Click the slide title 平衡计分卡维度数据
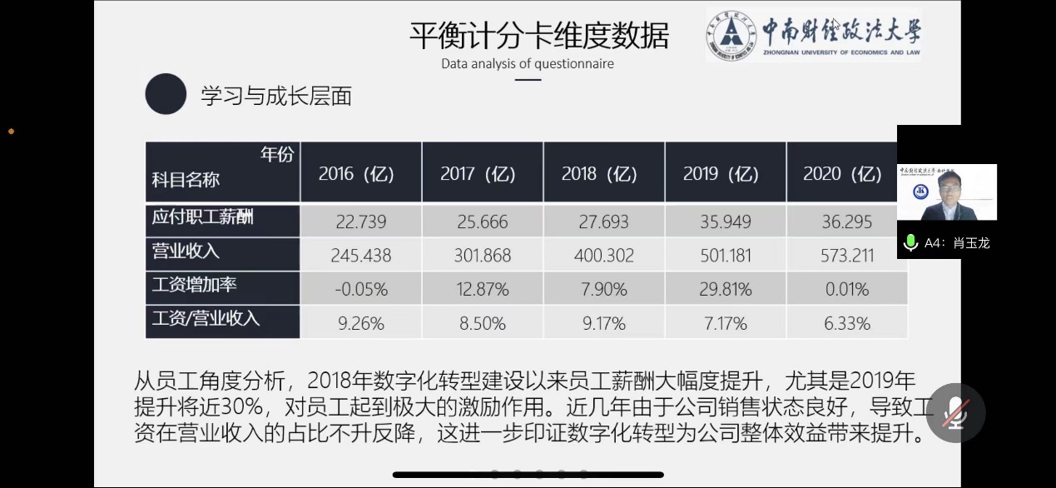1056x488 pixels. click(538, 36)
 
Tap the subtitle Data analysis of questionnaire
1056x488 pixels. click(528, 63)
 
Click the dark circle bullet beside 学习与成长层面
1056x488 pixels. click(166, 94)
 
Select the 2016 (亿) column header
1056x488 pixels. click(356, 174)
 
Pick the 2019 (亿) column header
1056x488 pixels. click(721, 174)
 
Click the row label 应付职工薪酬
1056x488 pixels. click(202, 218)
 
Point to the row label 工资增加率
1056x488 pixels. click(194, 285)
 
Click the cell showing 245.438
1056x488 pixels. click(361, 256)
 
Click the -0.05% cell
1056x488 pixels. click(361, 290)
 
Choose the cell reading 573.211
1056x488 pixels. click(847, 256)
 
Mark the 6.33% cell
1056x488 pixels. click(847, 323)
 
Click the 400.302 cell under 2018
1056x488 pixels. click(604, 256)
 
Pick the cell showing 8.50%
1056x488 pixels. click(483, 323)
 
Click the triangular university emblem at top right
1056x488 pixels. click(731, 36)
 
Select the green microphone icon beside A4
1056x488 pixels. click(911, 242)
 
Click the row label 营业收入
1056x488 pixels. click(186, 251)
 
